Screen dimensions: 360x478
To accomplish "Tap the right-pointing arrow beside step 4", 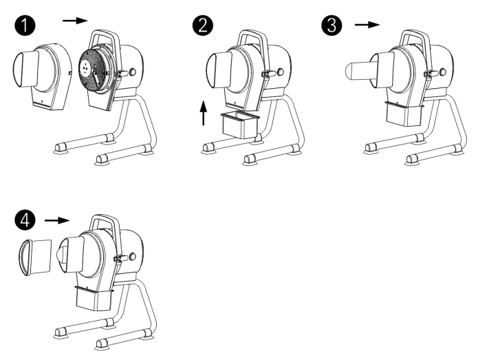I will tap(56, 221).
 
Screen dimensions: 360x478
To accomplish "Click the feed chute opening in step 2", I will tap(218, 73).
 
